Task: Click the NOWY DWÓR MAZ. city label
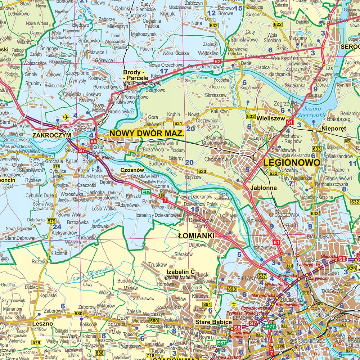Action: (x=147, y=133)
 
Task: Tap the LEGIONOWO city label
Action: (x=292, y=163)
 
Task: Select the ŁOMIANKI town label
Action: (x=196, y=235)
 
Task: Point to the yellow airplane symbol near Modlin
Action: (x=66, y=117)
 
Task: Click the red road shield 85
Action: (x=94, y=141)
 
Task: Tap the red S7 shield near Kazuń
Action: (x=82, y=150)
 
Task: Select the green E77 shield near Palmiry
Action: (x=146, y=192)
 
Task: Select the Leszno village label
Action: (x=42, y=323)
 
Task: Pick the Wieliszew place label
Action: (x=271, y=118)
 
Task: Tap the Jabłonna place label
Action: (x=264, y=188)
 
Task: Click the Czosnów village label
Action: (x=132, y=170)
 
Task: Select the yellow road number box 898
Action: (x=232, y=289)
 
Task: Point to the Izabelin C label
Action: (x=181, y=272)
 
